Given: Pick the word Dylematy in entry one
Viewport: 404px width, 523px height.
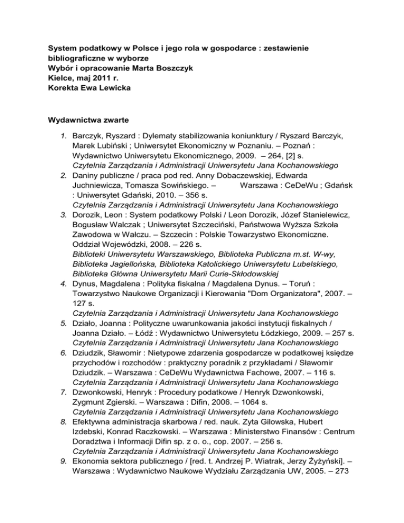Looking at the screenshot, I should tap(149, 135).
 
